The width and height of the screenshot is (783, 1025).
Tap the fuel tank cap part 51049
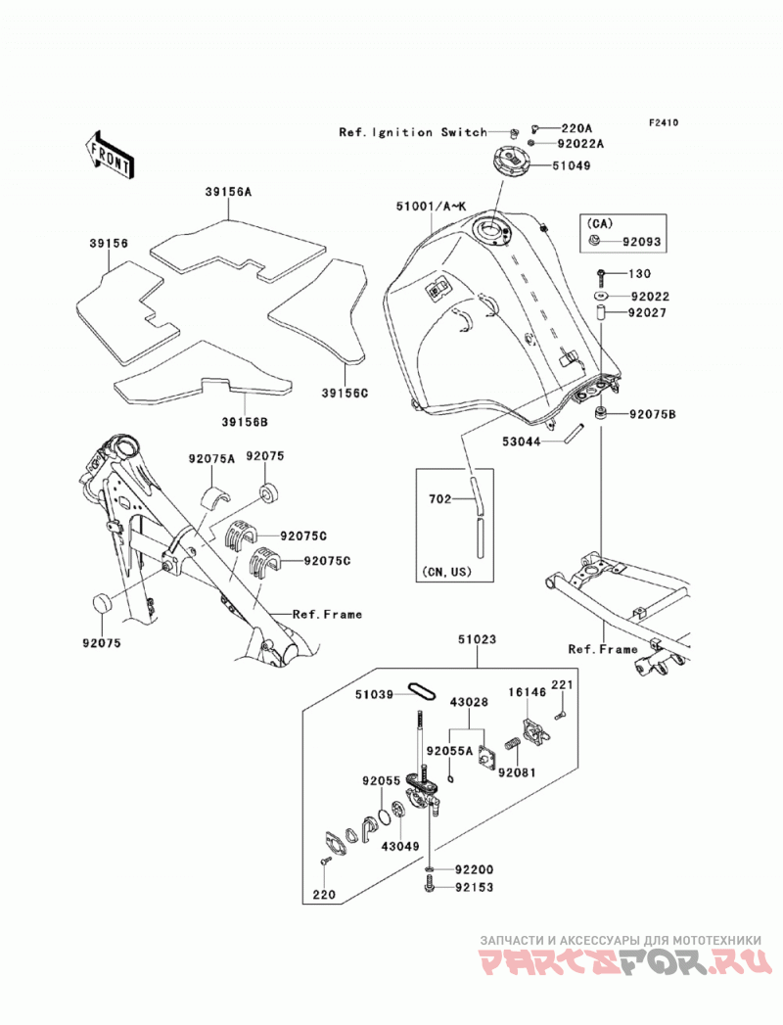coord(512,161)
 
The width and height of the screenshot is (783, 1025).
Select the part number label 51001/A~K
coord(432,206)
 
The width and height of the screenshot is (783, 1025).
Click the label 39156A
coord(228,192)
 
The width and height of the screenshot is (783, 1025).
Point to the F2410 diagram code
coord(664,122)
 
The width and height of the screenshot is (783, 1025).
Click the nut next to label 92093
coord(595,241)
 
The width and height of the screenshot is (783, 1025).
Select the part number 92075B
coord(653,414)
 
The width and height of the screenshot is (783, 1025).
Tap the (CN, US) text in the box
coord(447,572)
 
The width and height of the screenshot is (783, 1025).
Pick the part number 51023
coord(477,639)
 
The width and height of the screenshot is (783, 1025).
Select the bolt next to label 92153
coord(429,887)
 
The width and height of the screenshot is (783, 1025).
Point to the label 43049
coord(400,846)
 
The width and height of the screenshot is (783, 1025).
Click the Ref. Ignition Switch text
coord(413,132)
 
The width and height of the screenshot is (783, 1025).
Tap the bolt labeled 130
coord(601,274)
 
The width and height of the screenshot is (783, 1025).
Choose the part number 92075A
coord(211,459)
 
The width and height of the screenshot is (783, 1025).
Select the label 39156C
coord(345,393)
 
